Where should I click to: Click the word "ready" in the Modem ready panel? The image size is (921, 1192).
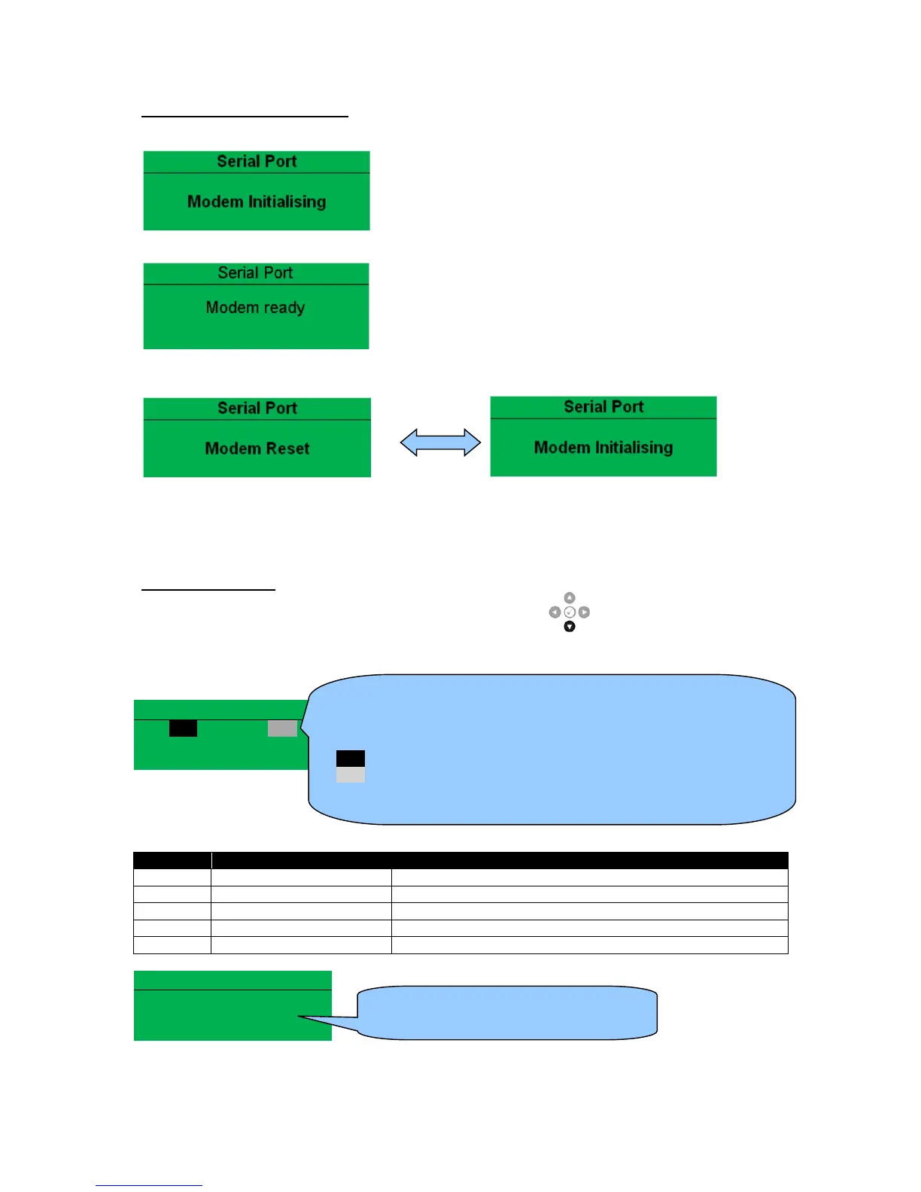[x=284, y=308]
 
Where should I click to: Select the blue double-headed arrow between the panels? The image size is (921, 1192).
[x=440, y=442]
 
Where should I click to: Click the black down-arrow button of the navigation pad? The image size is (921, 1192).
[x=570, y=626]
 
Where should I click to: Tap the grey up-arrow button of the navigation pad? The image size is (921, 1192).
[x=570, y=598]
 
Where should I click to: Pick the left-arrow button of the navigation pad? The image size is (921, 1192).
[x=555, y=613]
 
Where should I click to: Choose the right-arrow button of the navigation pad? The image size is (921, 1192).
[x=584, y=613]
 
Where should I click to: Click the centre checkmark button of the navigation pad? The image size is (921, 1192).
[x=570, y=613]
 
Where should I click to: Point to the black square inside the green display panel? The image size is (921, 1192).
[x=183, y=728]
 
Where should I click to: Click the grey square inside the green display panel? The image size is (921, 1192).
[x=282, y=728]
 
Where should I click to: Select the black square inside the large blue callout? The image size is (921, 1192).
[x=351, y=759]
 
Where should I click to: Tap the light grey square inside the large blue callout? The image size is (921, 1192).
[x=351, y=775]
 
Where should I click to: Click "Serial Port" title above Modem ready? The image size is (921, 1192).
[x=256, y=273]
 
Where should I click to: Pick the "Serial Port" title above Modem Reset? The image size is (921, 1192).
[x=257, y=408]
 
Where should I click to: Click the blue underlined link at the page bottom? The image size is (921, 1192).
[x=149, y=1184]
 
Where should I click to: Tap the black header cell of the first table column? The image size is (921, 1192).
[x=172, y=860]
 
